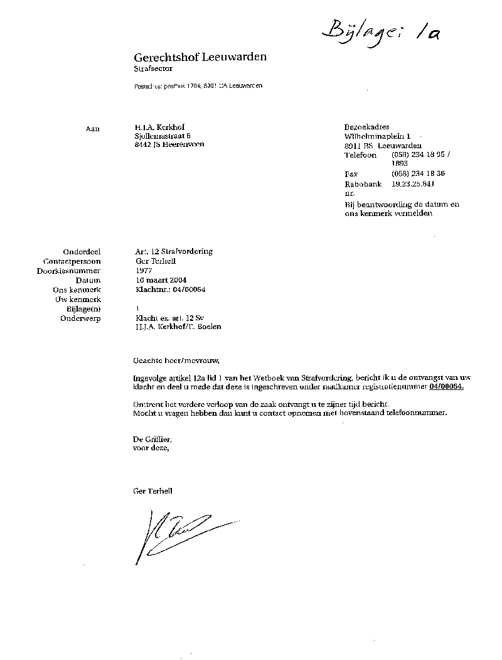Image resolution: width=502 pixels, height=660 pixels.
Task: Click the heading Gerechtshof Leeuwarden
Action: pos(200,57)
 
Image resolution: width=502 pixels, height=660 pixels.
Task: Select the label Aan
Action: pos(92,127)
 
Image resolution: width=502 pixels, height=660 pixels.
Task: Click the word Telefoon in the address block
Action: pos(361,154)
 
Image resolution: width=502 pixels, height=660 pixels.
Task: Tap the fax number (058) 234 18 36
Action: pos(419,173)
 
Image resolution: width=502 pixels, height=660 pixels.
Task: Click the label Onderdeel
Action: pos(82,251)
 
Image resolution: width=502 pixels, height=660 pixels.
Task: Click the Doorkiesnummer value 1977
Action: pos(144,270)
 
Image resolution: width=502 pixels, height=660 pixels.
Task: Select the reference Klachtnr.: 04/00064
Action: pos(171,289)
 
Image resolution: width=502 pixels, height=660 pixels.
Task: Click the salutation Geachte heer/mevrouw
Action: pos(178,361)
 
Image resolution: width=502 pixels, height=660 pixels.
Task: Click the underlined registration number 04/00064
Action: pos(446,387)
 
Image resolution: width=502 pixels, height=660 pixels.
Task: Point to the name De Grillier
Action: pos(152,439)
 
